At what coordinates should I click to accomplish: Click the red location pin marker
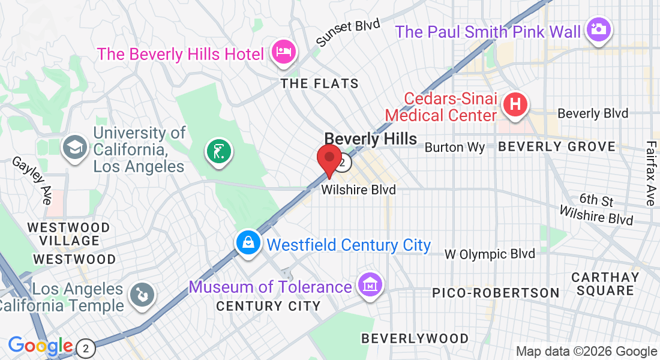329,160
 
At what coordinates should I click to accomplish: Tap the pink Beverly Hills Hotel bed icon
283,52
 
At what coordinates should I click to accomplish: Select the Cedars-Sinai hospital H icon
515,105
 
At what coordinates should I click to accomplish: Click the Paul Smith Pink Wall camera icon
598,29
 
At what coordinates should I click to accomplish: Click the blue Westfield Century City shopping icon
248,243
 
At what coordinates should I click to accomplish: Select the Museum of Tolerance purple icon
370,284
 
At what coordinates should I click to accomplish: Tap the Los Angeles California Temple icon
143,295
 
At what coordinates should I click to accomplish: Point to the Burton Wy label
454,147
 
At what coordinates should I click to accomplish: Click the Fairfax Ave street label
651,173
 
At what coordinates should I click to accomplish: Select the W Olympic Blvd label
490,254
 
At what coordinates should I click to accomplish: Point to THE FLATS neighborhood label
320,83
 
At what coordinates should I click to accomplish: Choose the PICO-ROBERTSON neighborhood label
496,293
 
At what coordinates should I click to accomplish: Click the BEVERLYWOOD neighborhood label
415,338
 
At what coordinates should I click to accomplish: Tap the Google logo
40,346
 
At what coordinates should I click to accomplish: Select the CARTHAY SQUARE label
605,284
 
